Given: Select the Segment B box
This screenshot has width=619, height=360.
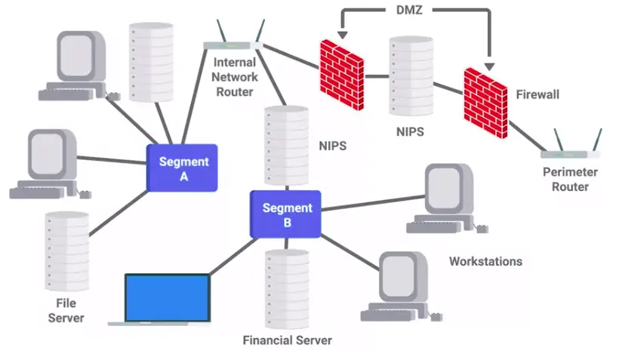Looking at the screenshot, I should pyautogui.click(x=286, y=214).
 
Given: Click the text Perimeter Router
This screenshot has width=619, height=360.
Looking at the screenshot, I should pyautogui.click(x=570, y=179).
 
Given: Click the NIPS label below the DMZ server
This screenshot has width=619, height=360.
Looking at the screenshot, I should pyautogui.click(x=410, y=131).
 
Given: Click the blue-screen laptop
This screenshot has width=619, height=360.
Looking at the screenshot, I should pyautogui.click(x=166, y=299).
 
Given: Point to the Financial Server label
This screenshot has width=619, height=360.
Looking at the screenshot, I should pyautogui.click(x=287, y=340).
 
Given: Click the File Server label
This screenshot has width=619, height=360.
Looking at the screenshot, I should pyautogui.click(x=66, y=310).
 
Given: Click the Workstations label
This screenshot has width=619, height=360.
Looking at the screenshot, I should pyautogui.click(x=485, y=262).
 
